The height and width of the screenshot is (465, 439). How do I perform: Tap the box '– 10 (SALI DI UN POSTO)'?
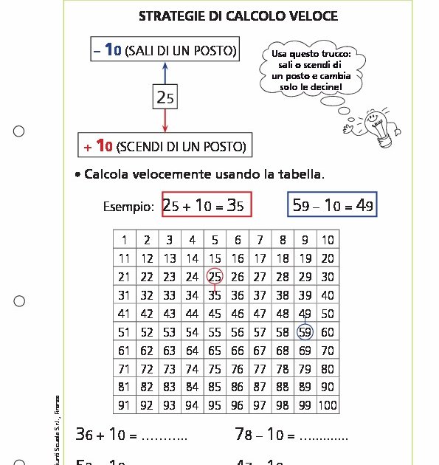[x=165, y=50]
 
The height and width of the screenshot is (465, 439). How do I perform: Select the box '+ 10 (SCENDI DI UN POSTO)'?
[x=164, y=145]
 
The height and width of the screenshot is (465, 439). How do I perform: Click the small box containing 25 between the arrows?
[x=165, y=97]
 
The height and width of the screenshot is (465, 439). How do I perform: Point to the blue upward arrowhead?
[x=165, y=68]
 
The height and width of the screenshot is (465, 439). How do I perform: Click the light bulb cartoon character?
[x=370, y=122]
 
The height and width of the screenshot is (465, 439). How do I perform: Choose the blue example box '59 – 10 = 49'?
[x=332, y=206]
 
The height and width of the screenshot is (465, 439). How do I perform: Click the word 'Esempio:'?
[x=128, y=207]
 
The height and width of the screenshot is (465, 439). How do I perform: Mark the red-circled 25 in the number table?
[x=215, y=277]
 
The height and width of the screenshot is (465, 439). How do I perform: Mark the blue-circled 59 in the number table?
[x=305, y=332]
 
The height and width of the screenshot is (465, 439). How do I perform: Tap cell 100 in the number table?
[x=328, y=405]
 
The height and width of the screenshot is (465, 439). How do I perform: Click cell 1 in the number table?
[x=124, y=240]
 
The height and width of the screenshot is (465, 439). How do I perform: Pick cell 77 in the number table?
[x=260, y=369]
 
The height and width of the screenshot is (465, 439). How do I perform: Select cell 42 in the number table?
[x=147, y=314]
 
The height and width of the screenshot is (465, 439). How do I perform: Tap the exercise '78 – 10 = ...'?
[x=291, y=435]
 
